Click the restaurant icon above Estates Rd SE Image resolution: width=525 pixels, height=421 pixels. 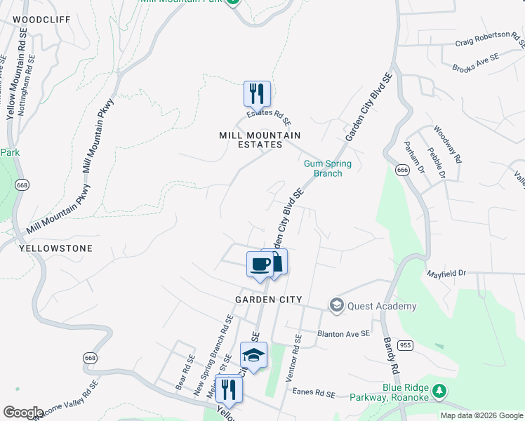pos(257,94)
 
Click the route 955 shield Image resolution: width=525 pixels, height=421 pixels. pos(406,345)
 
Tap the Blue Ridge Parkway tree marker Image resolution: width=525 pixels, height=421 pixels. pos(439,390)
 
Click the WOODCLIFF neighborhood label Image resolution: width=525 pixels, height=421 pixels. pos(42,20)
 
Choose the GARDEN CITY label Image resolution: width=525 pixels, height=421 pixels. pos(269,300)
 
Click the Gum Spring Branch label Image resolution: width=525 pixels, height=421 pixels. pos(327,168)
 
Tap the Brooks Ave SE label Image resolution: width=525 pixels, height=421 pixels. pos(476,63)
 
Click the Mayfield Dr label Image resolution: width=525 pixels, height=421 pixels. pos(446,272)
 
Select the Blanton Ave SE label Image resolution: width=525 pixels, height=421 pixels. pos(343,334)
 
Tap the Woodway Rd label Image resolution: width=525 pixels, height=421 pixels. pos(447,144)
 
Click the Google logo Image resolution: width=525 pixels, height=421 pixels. pos(23,413)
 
